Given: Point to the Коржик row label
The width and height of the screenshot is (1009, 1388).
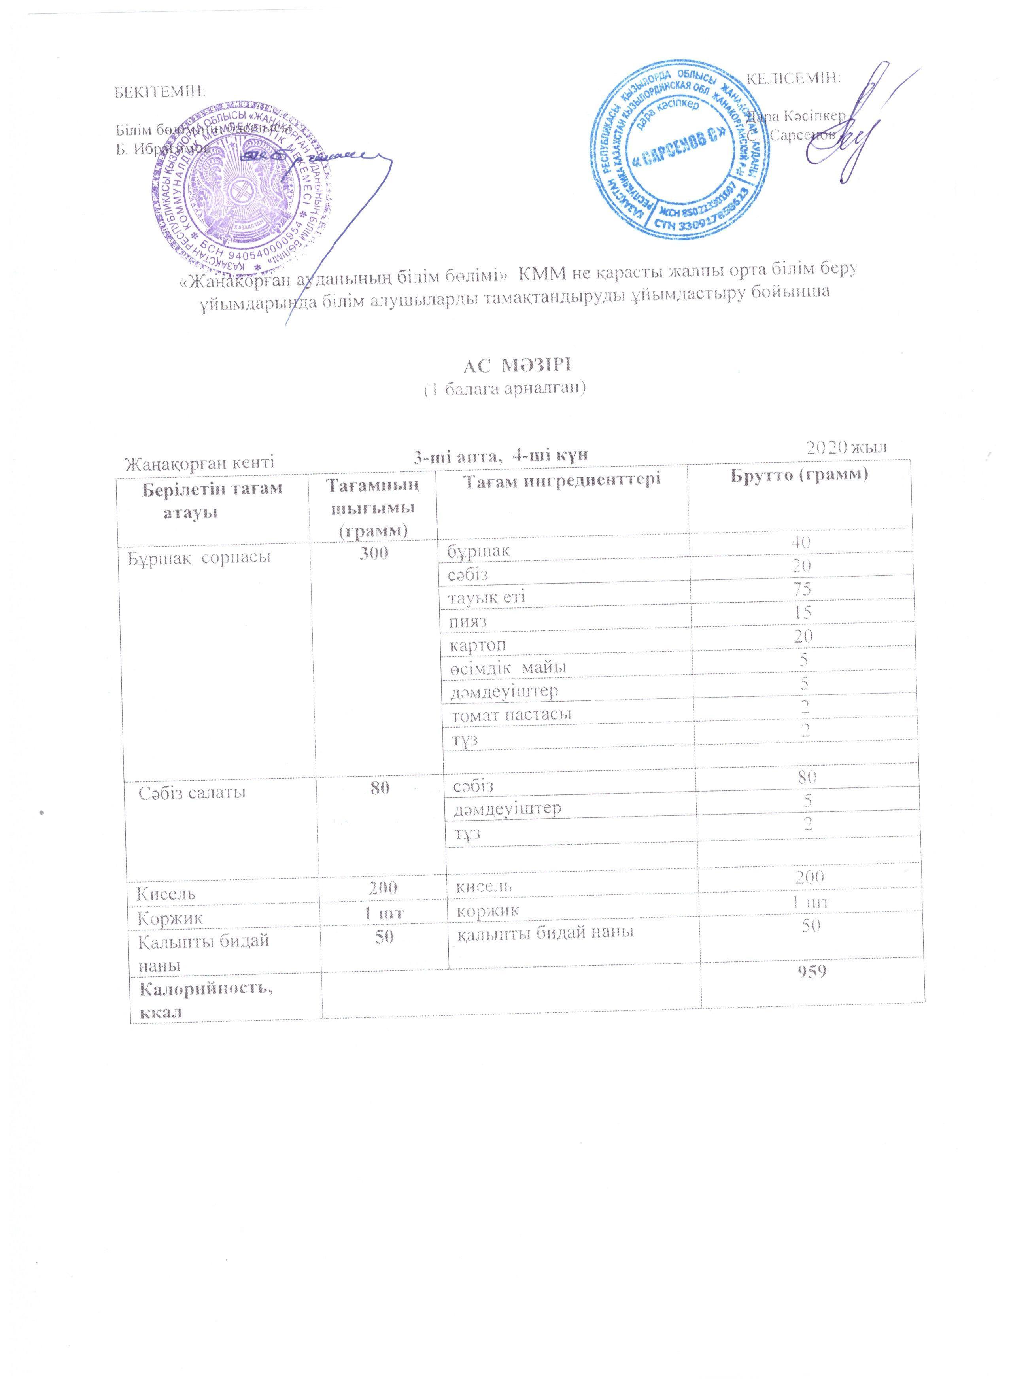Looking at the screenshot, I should (171, 918).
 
